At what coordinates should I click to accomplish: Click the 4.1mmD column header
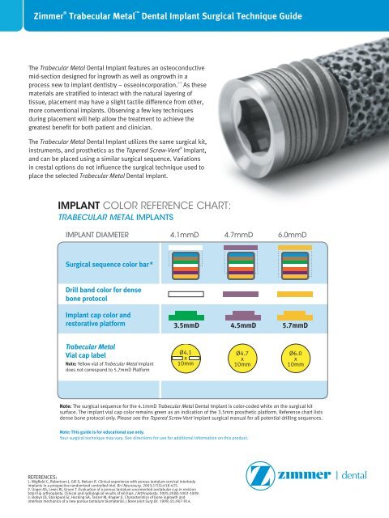187,235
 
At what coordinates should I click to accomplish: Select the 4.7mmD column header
241,235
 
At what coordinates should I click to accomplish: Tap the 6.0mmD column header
295,235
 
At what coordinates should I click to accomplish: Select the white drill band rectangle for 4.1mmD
187,294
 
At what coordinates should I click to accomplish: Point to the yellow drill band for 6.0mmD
295,294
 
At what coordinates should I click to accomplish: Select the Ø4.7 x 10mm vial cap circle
241,359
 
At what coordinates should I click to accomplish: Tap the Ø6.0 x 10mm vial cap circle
295,359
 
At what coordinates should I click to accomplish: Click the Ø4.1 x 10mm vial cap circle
187,358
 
